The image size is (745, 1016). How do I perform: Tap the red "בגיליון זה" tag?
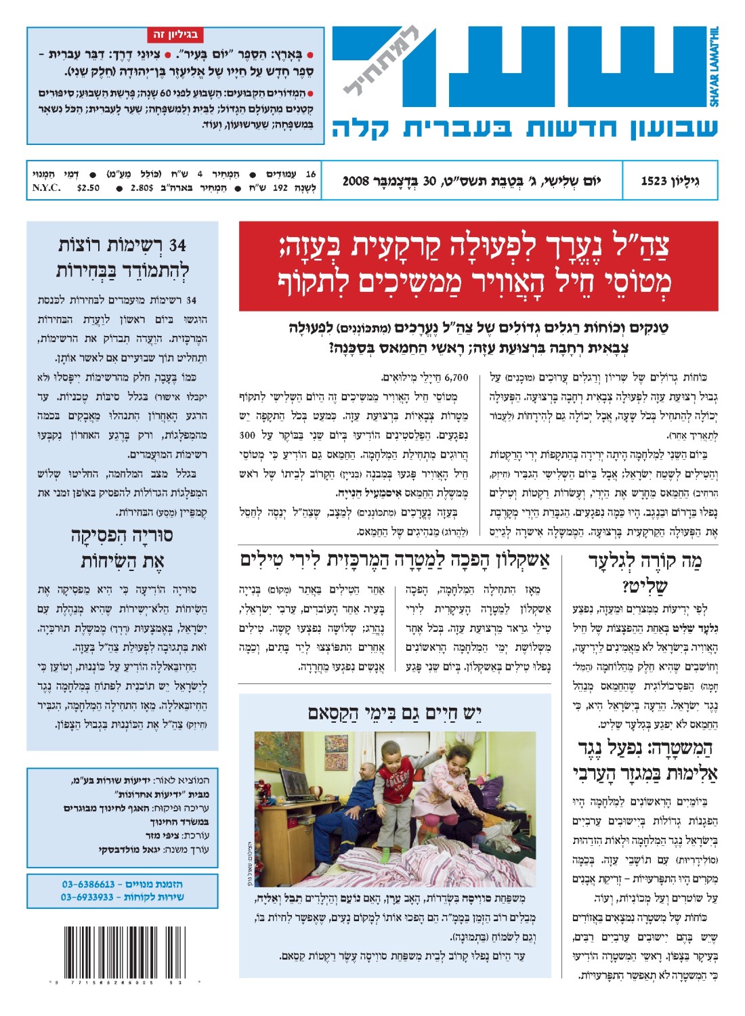point(175,35)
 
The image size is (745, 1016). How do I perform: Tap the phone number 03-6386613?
point(89,884)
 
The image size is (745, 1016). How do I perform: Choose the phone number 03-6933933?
point(87,897)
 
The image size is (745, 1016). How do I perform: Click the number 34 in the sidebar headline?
point(177,245)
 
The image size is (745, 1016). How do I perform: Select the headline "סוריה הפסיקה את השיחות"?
point(122,548)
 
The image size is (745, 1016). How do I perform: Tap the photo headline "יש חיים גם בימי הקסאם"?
point(395,712)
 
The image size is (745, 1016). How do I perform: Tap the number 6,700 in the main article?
point(456,377)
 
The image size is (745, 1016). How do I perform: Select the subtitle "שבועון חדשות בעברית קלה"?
point(524,127)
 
